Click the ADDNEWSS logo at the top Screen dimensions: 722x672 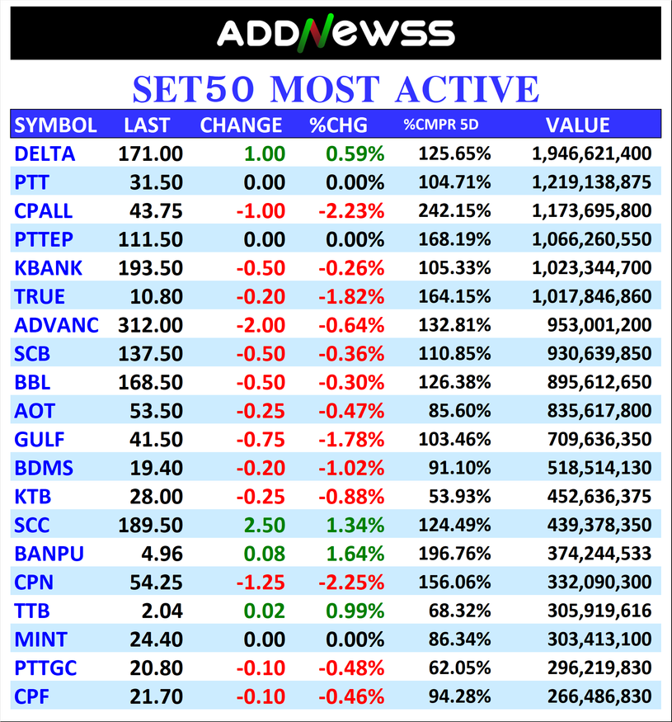point(336,34)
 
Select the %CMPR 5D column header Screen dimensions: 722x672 point(441,125)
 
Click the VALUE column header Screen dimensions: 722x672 point(577,125)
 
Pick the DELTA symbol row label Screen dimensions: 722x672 point(45,153)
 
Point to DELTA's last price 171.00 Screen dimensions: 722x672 point(150,153)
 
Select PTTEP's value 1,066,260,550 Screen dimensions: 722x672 point(590,239)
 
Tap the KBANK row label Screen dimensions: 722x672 point(49,268)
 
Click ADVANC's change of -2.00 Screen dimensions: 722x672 point(261,325)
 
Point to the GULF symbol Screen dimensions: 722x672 point(40,439)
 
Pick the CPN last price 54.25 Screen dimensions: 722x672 point(156,583)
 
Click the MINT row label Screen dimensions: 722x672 point(41,639)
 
